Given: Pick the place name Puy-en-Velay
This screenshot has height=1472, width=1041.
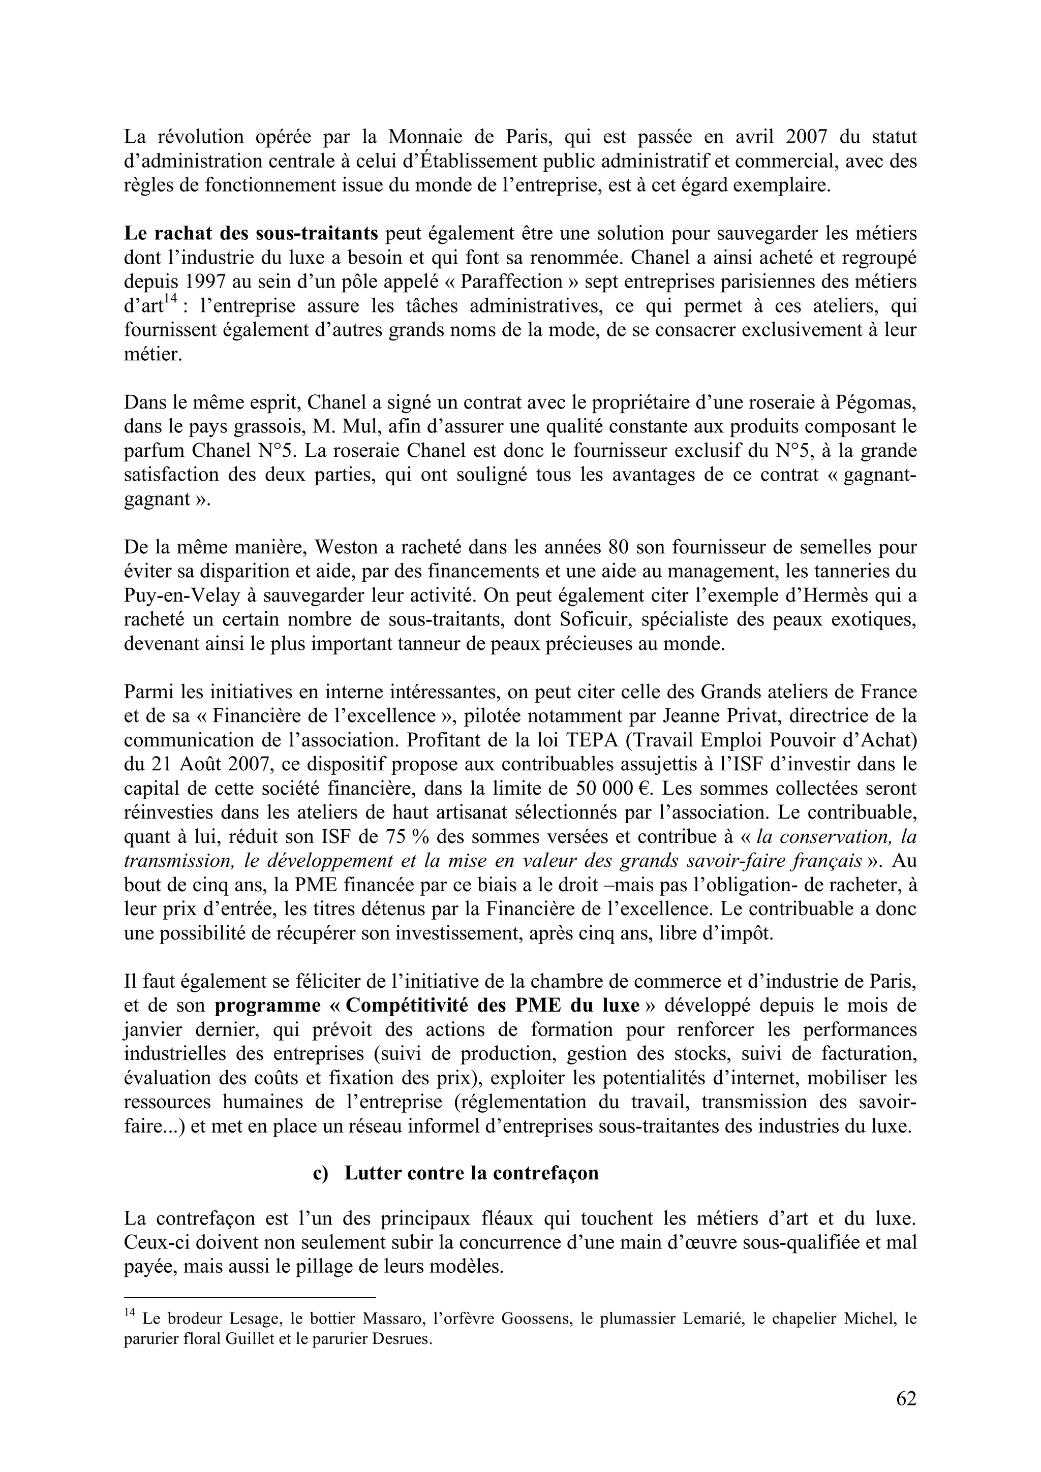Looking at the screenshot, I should [181, 596].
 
